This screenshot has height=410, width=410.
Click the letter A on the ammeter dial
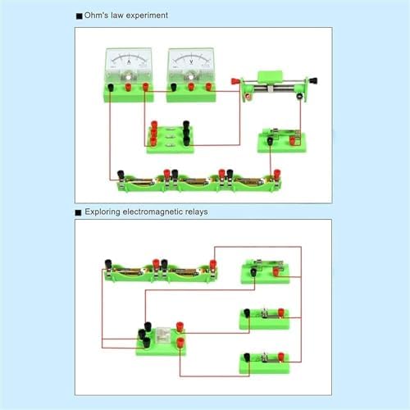(129, 62)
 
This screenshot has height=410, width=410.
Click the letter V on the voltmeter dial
(191, 62)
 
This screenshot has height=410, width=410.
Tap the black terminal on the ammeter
(111, 88)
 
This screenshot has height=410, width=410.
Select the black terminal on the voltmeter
(173, 88)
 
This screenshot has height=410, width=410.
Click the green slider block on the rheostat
(270, 76)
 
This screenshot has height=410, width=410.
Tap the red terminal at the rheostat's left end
(235, 81)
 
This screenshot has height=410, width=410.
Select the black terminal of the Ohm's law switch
(270, 141)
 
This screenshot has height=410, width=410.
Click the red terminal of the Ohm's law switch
(293, 141)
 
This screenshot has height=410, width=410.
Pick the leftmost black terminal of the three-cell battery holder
(121, 175)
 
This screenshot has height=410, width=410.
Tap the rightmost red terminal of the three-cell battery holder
(276, 175)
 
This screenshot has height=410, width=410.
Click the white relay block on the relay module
(163, 335)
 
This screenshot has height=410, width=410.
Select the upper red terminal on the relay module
(180, 327)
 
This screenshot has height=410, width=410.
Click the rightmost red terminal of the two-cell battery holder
(213, 265)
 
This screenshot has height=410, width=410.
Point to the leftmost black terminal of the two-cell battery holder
(108, 264)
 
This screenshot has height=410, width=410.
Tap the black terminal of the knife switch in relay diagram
(253, 272)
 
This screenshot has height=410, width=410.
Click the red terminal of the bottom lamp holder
(281, 357)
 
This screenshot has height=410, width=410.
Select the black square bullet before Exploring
(79, 212)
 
